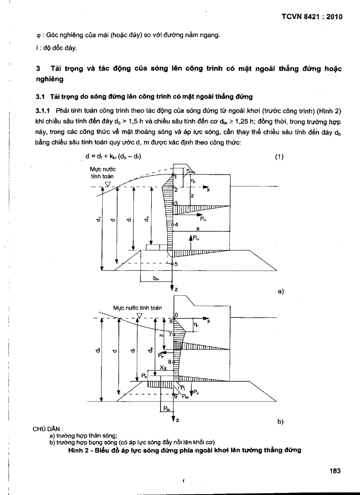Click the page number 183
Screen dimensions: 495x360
click(x=336, y=471)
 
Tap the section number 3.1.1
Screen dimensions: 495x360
click(x=44, y=109)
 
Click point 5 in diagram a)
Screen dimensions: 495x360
click(x=175, y=264)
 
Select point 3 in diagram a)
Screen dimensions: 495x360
click(x=175, y=203)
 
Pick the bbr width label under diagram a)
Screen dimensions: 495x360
click(x=156, y=278)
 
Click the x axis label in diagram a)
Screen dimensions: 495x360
click(x=208, y=190)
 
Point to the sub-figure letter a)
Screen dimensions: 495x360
click(x=280, y=291)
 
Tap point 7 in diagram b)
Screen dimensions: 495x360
click(x=170, y=334)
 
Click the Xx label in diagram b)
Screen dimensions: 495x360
click(x=163, y=367)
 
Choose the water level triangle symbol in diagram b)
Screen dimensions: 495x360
click(x=139, y=316)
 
